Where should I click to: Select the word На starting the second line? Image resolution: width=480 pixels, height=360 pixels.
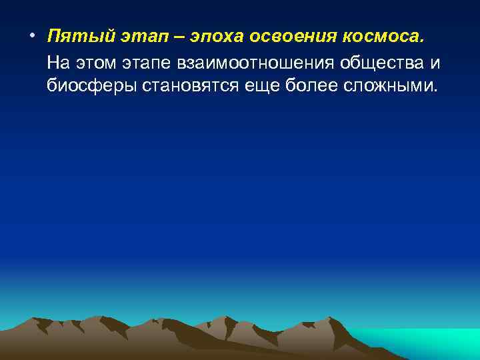pyautogui.click(x=57, y=62)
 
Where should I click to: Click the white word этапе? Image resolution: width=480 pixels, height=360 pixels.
pyautogui.click(x=149, y=62)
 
